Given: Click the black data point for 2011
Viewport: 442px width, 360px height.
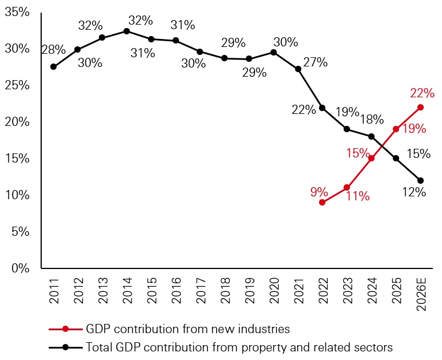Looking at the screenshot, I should pos(53,66).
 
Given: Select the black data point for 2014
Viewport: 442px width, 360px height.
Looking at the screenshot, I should pos(126,31).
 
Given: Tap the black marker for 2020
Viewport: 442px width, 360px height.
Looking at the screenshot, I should pos(273,52).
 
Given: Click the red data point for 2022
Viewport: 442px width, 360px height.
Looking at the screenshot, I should pos(322,202).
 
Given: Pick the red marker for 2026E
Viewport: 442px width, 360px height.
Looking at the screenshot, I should pos(421,107).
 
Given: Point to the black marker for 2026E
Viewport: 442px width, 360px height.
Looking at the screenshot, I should pos(421,180).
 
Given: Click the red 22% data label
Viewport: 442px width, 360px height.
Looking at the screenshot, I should pos(422,93).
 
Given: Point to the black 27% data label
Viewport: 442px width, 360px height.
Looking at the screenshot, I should pos(315,62).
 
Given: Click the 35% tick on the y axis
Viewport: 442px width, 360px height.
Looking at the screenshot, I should pos(17,12).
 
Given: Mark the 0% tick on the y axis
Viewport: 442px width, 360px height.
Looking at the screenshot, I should pos(21,268).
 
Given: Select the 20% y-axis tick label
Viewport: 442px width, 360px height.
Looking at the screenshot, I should pos(17,122).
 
